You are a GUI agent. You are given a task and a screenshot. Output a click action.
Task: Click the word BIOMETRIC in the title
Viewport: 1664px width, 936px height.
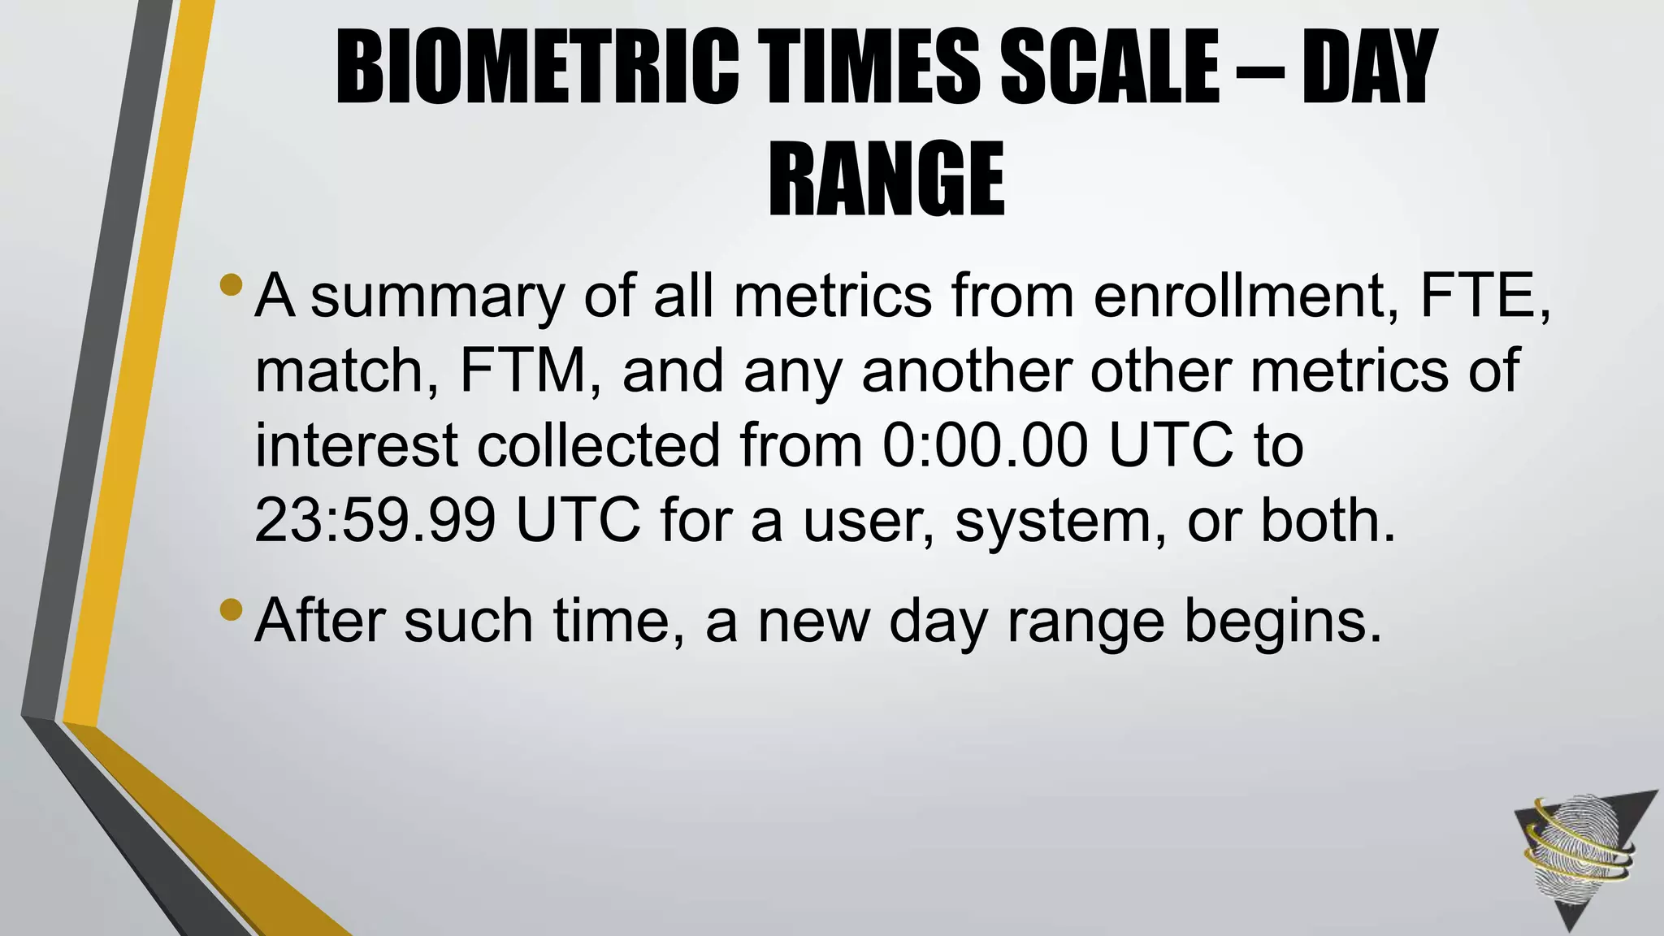pyautogui.click(x=537, y=67)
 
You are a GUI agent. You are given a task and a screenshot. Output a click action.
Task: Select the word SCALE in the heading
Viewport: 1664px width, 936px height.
pyautogui.click(x=1110, y=67)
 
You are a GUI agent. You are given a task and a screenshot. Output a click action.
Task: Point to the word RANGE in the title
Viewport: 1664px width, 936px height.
pyautogui.click(x=886, y=179)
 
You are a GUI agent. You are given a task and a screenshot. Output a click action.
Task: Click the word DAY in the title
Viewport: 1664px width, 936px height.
pyautogui.click(x=1370, y=67)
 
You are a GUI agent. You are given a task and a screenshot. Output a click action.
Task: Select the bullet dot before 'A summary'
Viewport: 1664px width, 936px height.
pyautogui.click(x=232, y=285)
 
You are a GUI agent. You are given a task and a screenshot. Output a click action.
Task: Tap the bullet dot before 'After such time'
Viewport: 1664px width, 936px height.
pyautogui.click(x=232, y=609)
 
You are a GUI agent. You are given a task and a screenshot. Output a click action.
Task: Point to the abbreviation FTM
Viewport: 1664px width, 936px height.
pyautogui.click(x=523, y=370)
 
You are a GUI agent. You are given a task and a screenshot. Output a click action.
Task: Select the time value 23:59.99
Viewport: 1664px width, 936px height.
pyautogui.click(x=375, y=520)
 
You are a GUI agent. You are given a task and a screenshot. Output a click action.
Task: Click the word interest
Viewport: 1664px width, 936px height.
pyautogui.click(x=357, y=445)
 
